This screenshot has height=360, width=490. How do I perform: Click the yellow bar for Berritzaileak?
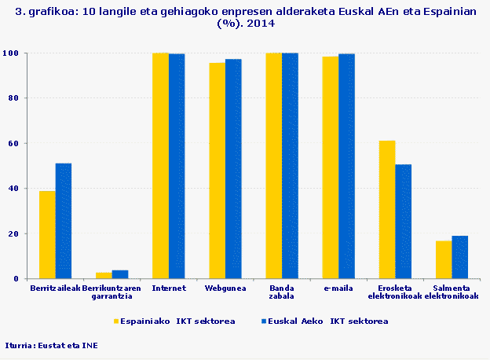click(47, 235)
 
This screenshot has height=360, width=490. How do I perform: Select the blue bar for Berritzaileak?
click(64, 221)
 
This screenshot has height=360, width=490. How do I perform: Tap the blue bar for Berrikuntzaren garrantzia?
click(120, 274)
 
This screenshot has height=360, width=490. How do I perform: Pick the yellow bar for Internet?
click(160, 166)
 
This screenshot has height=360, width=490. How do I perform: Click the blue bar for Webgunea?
click(233, 169)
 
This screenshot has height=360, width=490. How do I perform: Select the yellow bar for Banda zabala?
click(273, 166)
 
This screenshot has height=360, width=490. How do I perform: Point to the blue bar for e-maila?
click(346, 166)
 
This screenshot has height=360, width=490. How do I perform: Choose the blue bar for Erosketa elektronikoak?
click(403, 222)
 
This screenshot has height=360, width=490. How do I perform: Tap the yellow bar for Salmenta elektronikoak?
click(444, 260)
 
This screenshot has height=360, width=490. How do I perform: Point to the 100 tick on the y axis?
click(13, 53)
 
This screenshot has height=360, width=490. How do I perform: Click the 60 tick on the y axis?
click(16, 143)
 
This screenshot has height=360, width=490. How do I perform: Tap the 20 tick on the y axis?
click(16, 233)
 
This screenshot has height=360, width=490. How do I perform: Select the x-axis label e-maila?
click(338, 288)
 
